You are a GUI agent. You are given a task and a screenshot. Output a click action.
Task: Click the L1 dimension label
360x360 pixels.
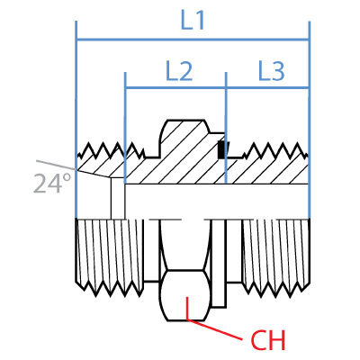193,20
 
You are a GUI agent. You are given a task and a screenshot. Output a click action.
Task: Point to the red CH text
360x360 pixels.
267,341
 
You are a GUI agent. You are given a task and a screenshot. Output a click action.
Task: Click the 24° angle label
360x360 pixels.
51,184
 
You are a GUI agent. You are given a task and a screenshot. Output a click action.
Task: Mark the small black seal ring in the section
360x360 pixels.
221,151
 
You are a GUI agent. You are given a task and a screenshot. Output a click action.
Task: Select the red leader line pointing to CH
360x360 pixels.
216,329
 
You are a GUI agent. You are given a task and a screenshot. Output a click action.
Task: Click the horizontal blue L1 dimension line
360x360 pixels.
135,40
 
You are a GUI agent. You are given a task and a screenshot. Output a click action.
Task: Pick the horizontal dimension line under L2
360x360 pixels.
175,88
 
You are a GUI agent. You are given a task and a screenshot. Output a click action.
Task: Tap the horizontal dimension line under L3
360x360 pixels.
267,88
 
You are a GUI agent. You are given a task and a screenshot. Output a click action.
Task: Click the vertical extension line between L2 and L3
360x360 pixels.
225,117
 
